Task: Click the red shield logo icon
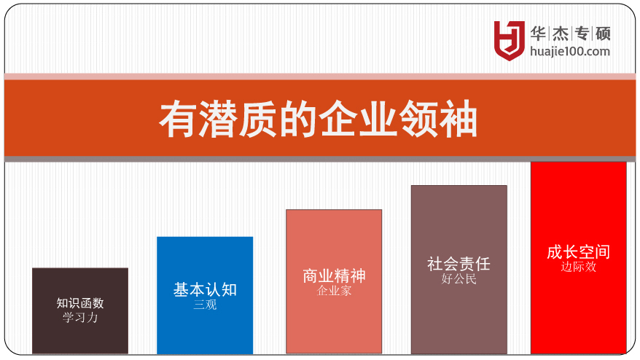(x=509, y=40)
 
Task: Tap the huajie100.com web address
(x=570, y=52)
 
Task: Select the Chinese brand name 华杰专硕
(x=570, y=34)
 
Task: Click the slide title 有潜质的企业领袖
(x=319, y=120)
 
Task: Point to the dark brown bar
(x=80, y=310)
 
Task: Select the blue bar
(x=205, y=295)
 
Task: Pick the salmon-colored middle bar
(x=334, y=281)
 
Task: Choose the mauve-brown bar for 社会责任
(x=459, y=270)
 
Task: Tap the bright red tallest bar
(x=579, y=257)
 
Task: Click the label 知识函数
(x=80, y=303)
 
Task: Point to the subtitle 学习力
(x=80, y=317)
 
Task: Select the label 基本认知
(x=205, y=289)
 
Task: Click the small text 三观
(x=205, y=305)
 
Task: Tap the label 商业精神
(x=334, y=276)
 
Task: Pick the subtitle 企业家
(x=334, y=291)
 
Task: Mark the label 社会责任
(x=458, y=264)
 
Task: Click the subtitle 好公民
(x=458, y=279)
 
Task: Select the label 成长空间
(x=578, y=252)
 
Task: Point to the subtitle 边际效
(x=578, y=267)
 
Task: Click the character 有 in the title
(x=177, y=120)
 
